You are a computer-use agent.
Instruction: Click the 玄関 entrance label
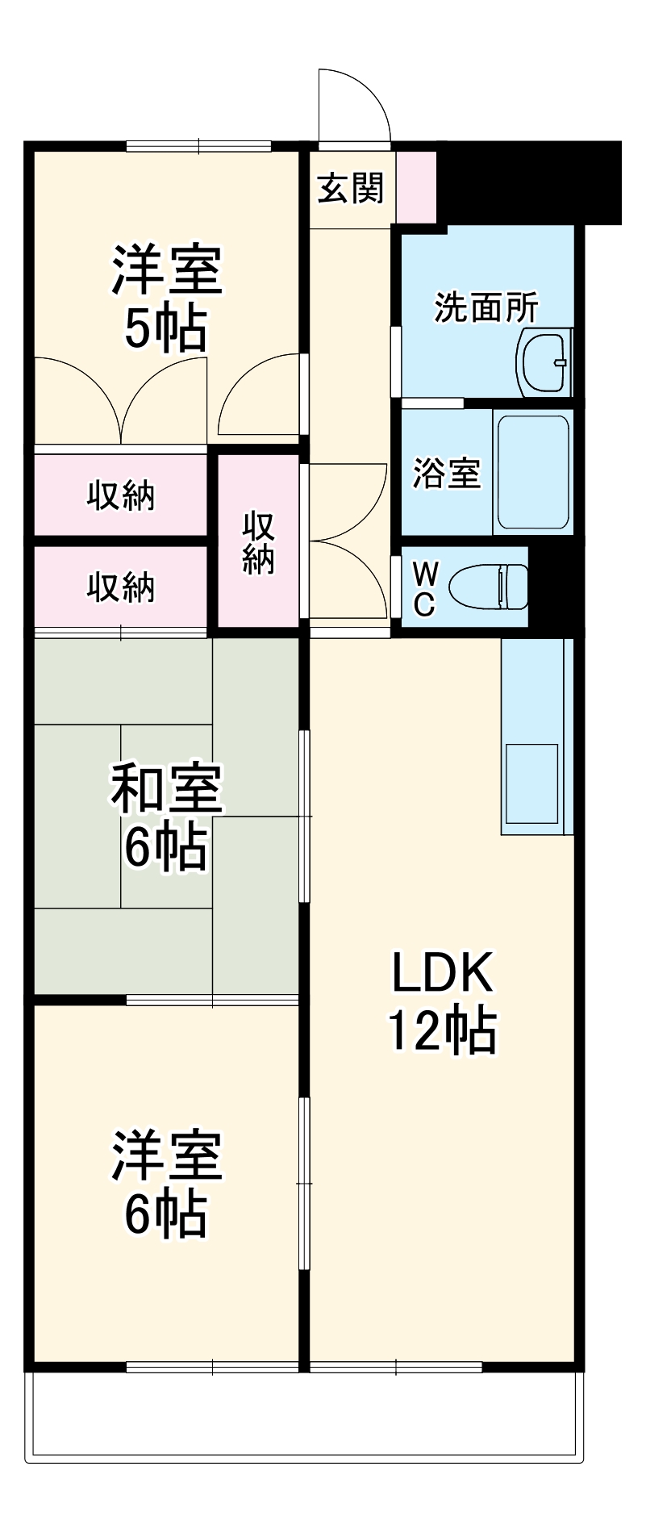tap(351, 189)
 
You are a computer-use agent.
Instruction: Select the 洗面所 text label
tap(486, 307)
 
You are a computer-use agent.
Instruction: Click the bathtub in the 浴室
tap(532, 472)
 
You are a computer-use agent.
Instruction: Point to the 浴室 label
tap(446, 473)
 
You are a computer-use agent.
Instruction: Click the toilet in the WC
tap(489, 587)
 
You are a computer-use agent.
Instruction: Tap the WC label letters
tap(425, 589)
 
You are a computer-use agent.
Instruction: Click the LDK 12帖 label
tap(442, 1001)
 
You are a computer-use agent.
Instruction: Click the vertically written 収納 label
tap(258, 542)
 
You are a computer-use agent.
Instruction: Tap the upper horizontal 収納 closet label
tap(121, 495)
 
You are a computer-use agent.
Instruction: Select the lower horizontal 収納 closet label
tap(121, 587)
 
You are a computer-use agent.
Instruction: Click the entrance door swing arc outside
tap(355, 105)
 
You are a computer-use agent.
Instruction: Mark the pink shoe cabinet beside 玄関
tap(416, 186)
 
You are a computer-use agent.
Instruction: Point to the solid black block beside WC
tap(555, 587)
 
